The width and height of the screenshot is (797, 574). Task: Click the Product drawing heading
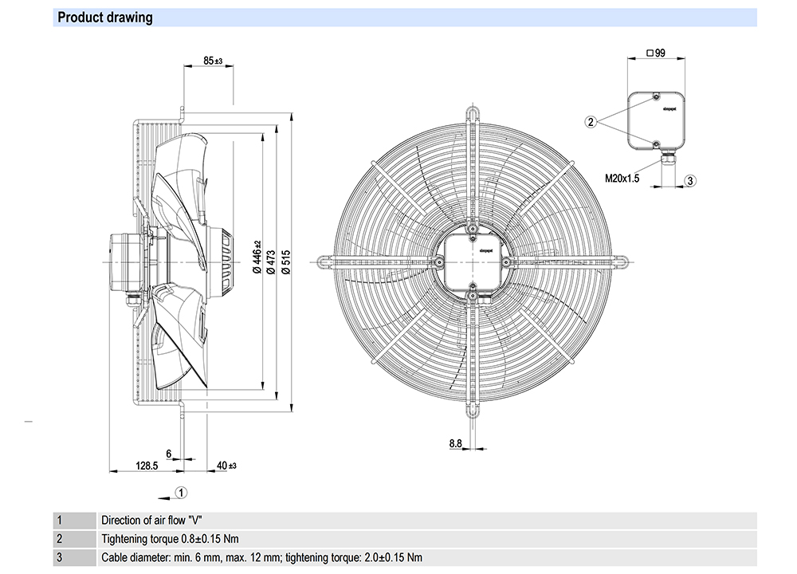click(105, 18)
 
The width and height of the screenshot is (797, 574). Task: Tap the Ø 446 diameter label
click(257, 258)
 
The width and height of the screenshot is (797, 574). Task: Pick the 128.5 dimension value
click(147, 465)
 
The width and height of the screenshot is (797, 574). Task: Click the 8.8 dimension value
click(456, 443)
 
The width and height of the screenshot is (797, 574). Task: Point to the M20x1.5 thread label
click(622, 179)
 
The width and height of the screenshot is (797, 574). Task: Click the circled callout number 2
click(591, 122)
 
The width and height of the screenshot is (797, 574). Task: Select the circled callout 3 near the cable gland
click(691, 180)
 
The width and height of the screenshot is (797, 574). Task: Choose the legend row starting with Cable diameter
click(262, 557)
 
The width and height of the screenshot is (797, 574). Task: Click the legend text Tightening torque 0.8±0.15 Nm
click(170, 539)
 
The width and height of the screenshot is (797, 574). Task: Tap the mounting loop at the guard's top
click(474, 111)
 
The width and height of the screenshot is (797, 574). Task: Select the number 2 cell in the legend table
click(59, 539)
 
